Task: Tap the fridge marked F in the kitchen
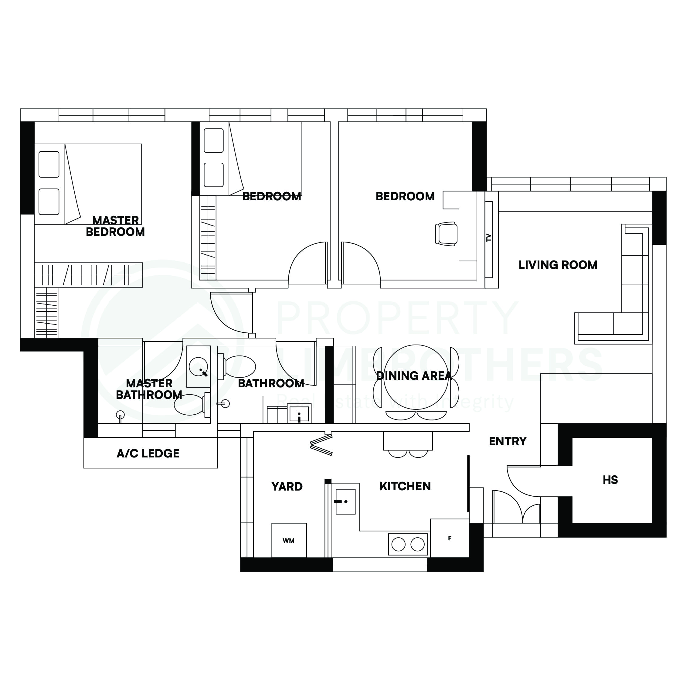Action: tap(449, 539)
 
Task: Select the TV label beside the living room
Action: tap(488, 238)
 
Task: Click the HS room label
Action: tap(610, 480)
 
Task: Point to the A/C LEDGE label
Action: tap(148, 454)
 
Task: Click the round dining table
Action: tap(416, 377)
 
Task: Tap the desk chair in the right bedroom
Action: tap(447, 234)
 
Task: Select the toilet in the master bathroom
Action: tap(191, 404)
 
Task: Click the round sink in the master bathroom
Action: tap(198, 366)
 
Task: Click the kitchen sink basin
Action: tap(345, 502)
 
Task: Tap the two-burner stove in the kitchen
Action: tap(408, 544)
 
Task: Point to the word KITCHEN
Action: tap(405, 486)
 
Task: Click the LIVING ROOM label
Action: tap(558, 265)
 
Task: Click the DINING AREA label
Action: tap(414, 376)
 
